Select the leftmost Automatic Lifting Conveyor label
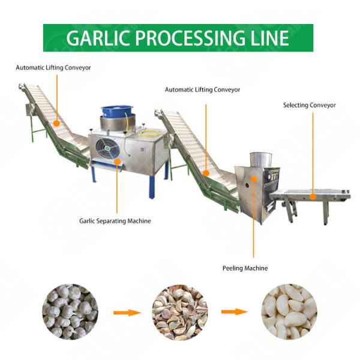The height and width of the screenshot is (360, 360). pos(53,68)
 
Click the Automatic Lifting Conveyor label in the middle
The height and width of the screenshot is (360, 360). pos(202,89)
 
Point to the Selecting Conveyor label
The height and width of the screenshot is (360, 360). pos(309,105)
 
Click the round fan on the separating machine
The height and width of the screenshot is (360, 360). pos(106,148)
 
